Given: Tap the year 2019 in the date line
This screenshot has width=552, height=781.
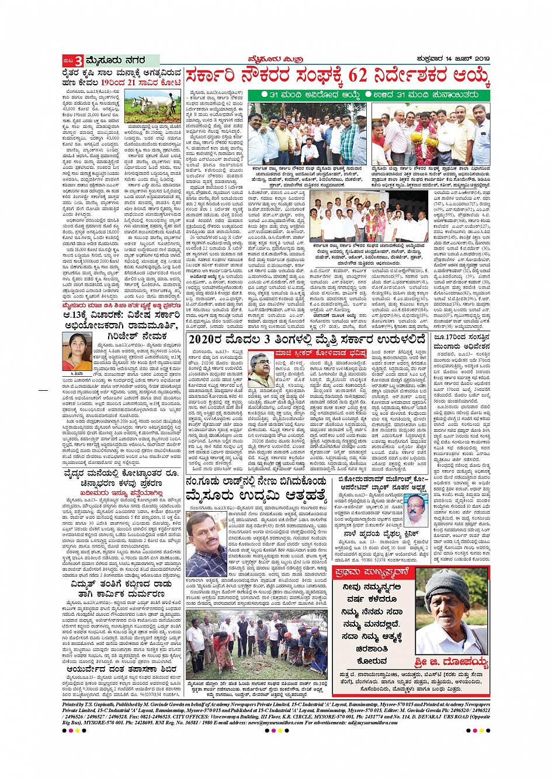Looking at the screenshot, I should click(480, 59).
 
